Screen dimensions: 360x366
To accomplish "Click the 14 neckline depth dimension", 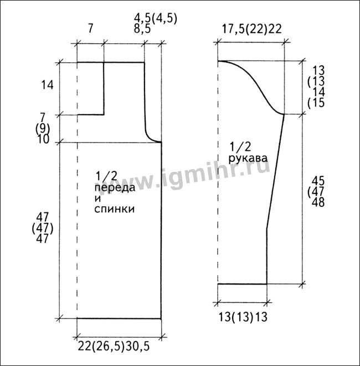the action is [x=48, y=85].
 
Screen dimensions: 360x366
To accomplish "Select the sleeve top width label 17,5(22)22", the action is [x=251, y=29].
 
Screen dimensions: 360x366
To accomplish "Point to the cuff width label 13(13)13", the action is [x=243, y=317].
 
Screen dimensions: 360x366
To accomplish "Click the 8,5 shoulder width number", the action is [x=142, y=29].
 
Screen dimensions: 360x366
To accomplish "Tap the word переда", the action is [x=115, y=188].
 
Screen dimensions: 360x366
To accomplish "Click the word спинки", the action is [x=114, y=209].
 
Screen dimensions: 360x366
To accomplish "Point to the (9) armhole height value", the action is [x=43, y=128].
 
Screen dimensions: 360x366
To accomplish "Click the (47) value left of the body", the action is [x=43, y=228].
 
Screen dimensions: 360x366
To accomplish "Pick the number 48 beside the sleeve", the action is [x=318, y=202].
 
